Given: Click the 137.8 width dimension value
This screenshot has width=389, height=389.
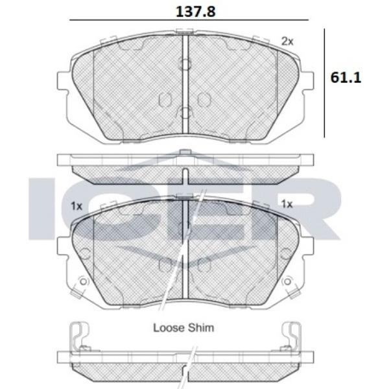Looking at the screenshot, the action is click(x=196, y=12).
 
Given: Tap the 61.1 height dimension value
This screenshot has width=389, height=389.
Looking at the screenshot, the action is click(x=346, y=78).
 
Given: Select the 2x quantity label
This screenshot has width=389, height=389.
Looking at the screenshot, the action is click(x=287, y=41).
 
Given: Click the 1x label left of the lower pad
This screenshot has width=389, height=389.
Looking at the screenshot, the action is click(x=77, y=206).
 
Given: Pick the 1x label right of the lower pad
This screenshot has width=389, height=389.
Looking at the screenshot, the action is click(x=287, y=204).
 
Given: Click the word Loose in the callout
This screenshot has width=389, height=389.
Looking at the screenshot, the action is click(x=169, y=327).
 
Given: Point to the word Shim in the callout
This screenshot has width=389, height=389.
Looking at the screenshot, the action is click(x=201, y=327).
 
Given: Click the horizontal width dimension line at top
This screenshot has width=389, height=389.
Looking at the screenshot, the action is click(x=189, y=19).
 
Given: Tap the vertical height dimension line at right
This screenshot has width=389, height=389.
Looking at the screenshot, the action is click(x=325, y=83).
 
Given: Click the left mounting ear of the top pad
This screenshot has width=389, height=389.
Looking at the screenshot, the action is click(x=63, y=80).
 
